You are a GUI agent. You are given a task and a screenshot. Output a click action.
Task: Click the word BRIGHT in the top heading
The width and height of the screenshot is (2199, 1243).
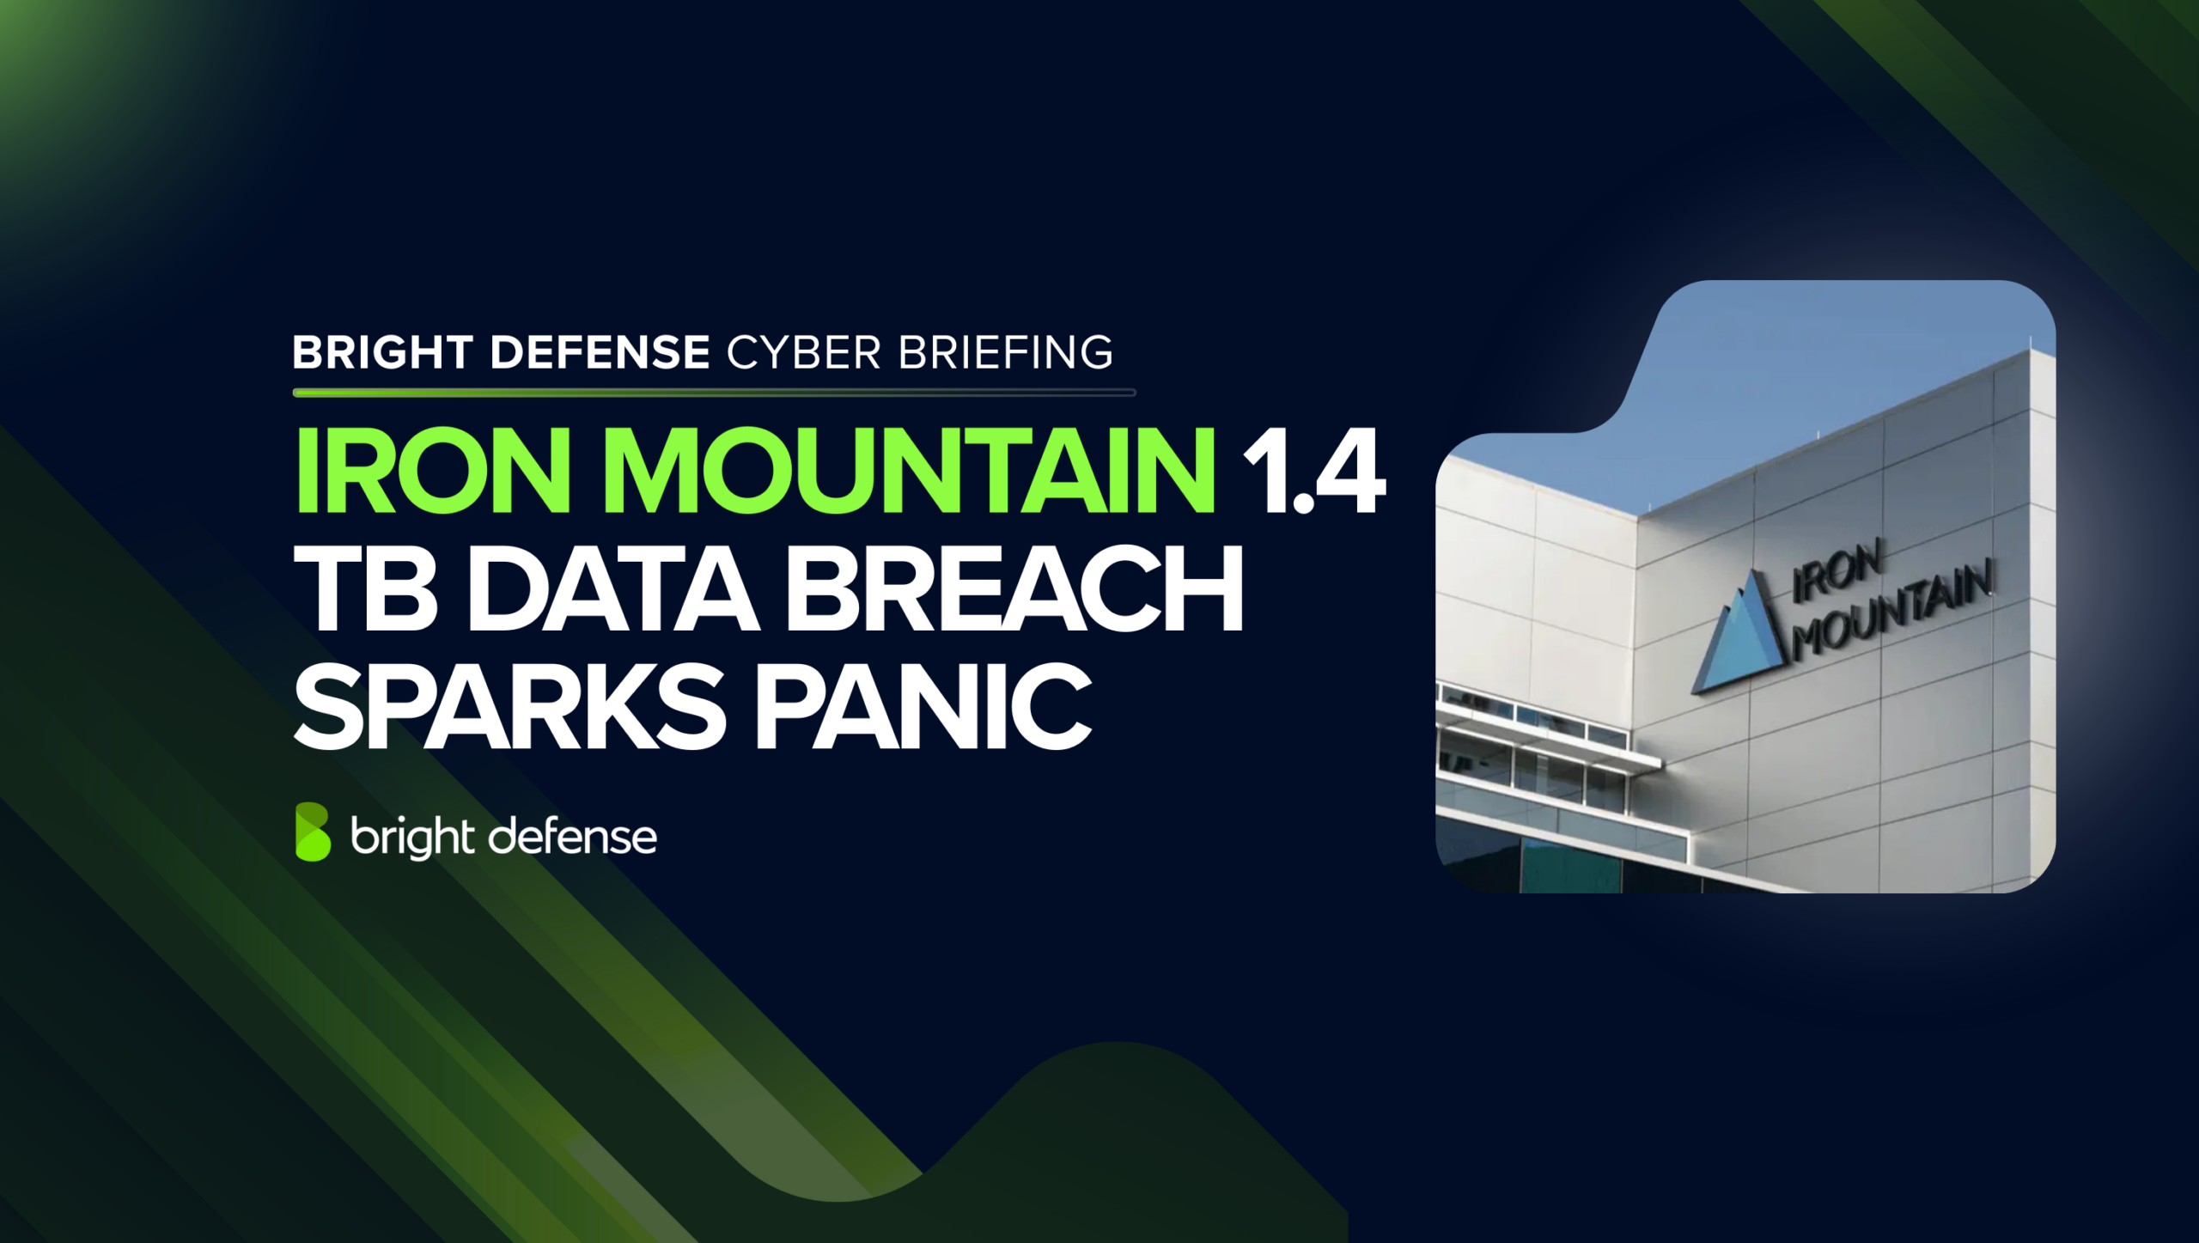(x=382, y=352)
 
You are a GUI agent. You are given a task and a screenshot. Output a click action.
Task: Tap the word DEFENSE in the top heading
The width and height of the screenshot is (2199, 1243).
(x=600, y=352)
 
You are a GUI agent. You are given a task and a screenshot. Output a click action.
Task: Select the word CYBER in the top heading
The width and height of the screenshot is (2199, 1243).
(x=804, y=352)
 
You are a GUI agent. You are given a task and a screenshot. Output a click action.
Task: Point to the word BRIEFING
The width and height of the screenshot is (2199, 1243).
(x=1006, y=352)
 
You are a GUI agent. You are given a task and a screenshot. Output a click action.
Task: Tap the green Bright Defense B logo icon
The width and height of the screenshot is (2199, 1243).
(x=313, y=832)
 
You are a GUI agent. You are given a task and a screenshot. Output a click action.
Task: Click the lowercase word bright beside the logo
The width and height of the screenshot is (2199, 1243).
(x=412, y=837)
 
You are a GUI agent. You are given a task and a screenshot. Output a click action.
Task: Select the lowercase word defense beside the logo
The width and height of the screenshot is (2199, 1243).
(x=572, y=837)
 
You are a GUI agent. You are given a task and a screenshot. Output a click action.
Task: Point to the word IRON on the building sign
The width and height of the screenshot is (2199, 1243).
(x=1838, y=570)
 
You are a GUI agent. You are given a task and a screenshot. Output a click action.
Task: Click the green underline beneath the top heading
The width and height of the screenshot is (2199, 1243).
(x=713, y=393)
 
